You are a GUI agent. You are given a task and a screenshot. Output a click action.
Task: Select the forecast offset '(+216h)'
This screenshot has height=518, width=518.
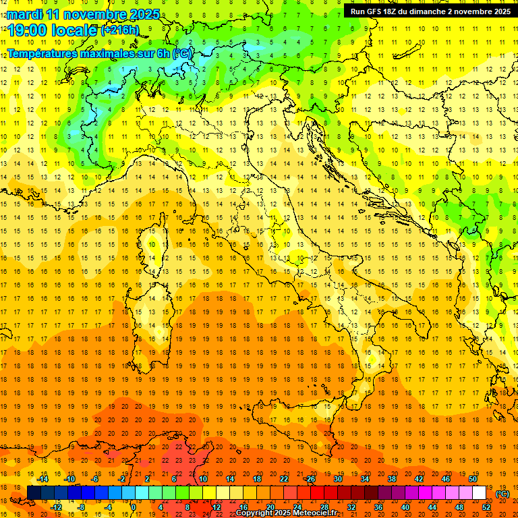119,30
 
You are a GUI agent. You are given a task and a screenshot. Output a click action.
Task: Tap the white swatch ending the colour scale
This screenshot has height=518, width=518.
479,493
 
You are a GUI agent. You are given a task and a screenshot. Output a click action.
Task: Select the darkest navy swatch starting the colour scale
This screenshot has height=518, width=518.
34,493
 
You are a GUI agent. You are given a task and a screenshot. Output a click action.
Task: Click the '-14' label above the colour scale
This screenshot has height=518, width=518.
43,479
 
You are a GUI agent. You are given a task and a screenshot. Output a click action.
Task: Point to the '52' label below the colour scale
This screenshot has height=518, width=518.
486,507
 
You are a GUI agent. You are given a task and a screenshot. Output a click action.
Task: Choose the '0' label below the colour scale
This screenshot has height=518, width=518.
134,507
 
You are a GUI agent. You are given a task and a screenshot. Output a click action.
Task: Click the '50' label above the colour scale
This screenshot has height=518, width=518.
473,479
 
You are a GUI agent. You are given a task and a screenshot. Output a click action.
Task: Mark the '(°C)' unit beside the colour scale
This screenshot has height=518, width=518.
502,493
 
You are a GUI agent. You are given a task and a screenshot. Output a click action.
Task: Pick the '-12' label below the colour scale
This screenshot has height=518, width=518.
57,507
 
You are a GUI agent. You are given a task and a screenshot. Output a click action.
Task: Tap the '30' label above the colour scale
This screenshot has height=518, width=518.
338,479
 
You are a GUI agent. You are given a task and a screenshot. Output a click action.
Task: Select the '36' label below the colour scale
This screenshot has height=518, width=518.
378,507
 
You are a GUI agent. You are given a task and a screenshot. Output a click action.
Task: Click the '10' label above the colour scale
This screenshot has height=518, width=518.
202,479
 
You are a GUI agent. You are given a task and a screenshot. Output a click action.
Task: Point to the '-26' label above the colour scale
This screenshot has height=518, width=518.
310,479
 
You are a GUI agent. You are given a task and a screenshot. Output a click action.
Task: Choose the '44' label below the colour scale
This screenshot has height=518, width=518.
432,507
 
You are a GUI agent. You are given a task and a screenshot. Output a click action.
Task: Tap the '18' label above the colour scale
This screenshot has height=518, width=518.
256,479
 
